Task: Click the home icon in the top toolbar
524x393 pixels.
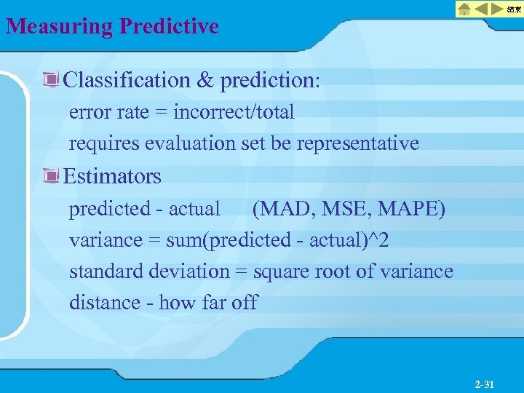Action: (464, 9)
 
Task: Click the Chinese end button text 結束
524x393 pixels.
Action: (514, 9)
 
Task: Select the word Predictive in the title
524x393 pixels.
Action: (169, 27)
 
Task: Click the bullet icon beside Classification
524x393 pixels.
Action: (52, 80)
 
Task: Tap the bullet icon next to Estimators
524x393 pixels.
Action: (52, 176)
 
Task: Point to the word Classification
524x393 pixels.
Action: (127, 80)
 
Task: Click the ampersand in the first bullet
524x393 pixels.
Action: (205, 80)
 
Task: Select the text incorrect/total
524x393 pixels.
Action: (234, 112)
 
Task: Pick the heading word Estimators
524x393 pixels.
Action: (113, 176)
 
